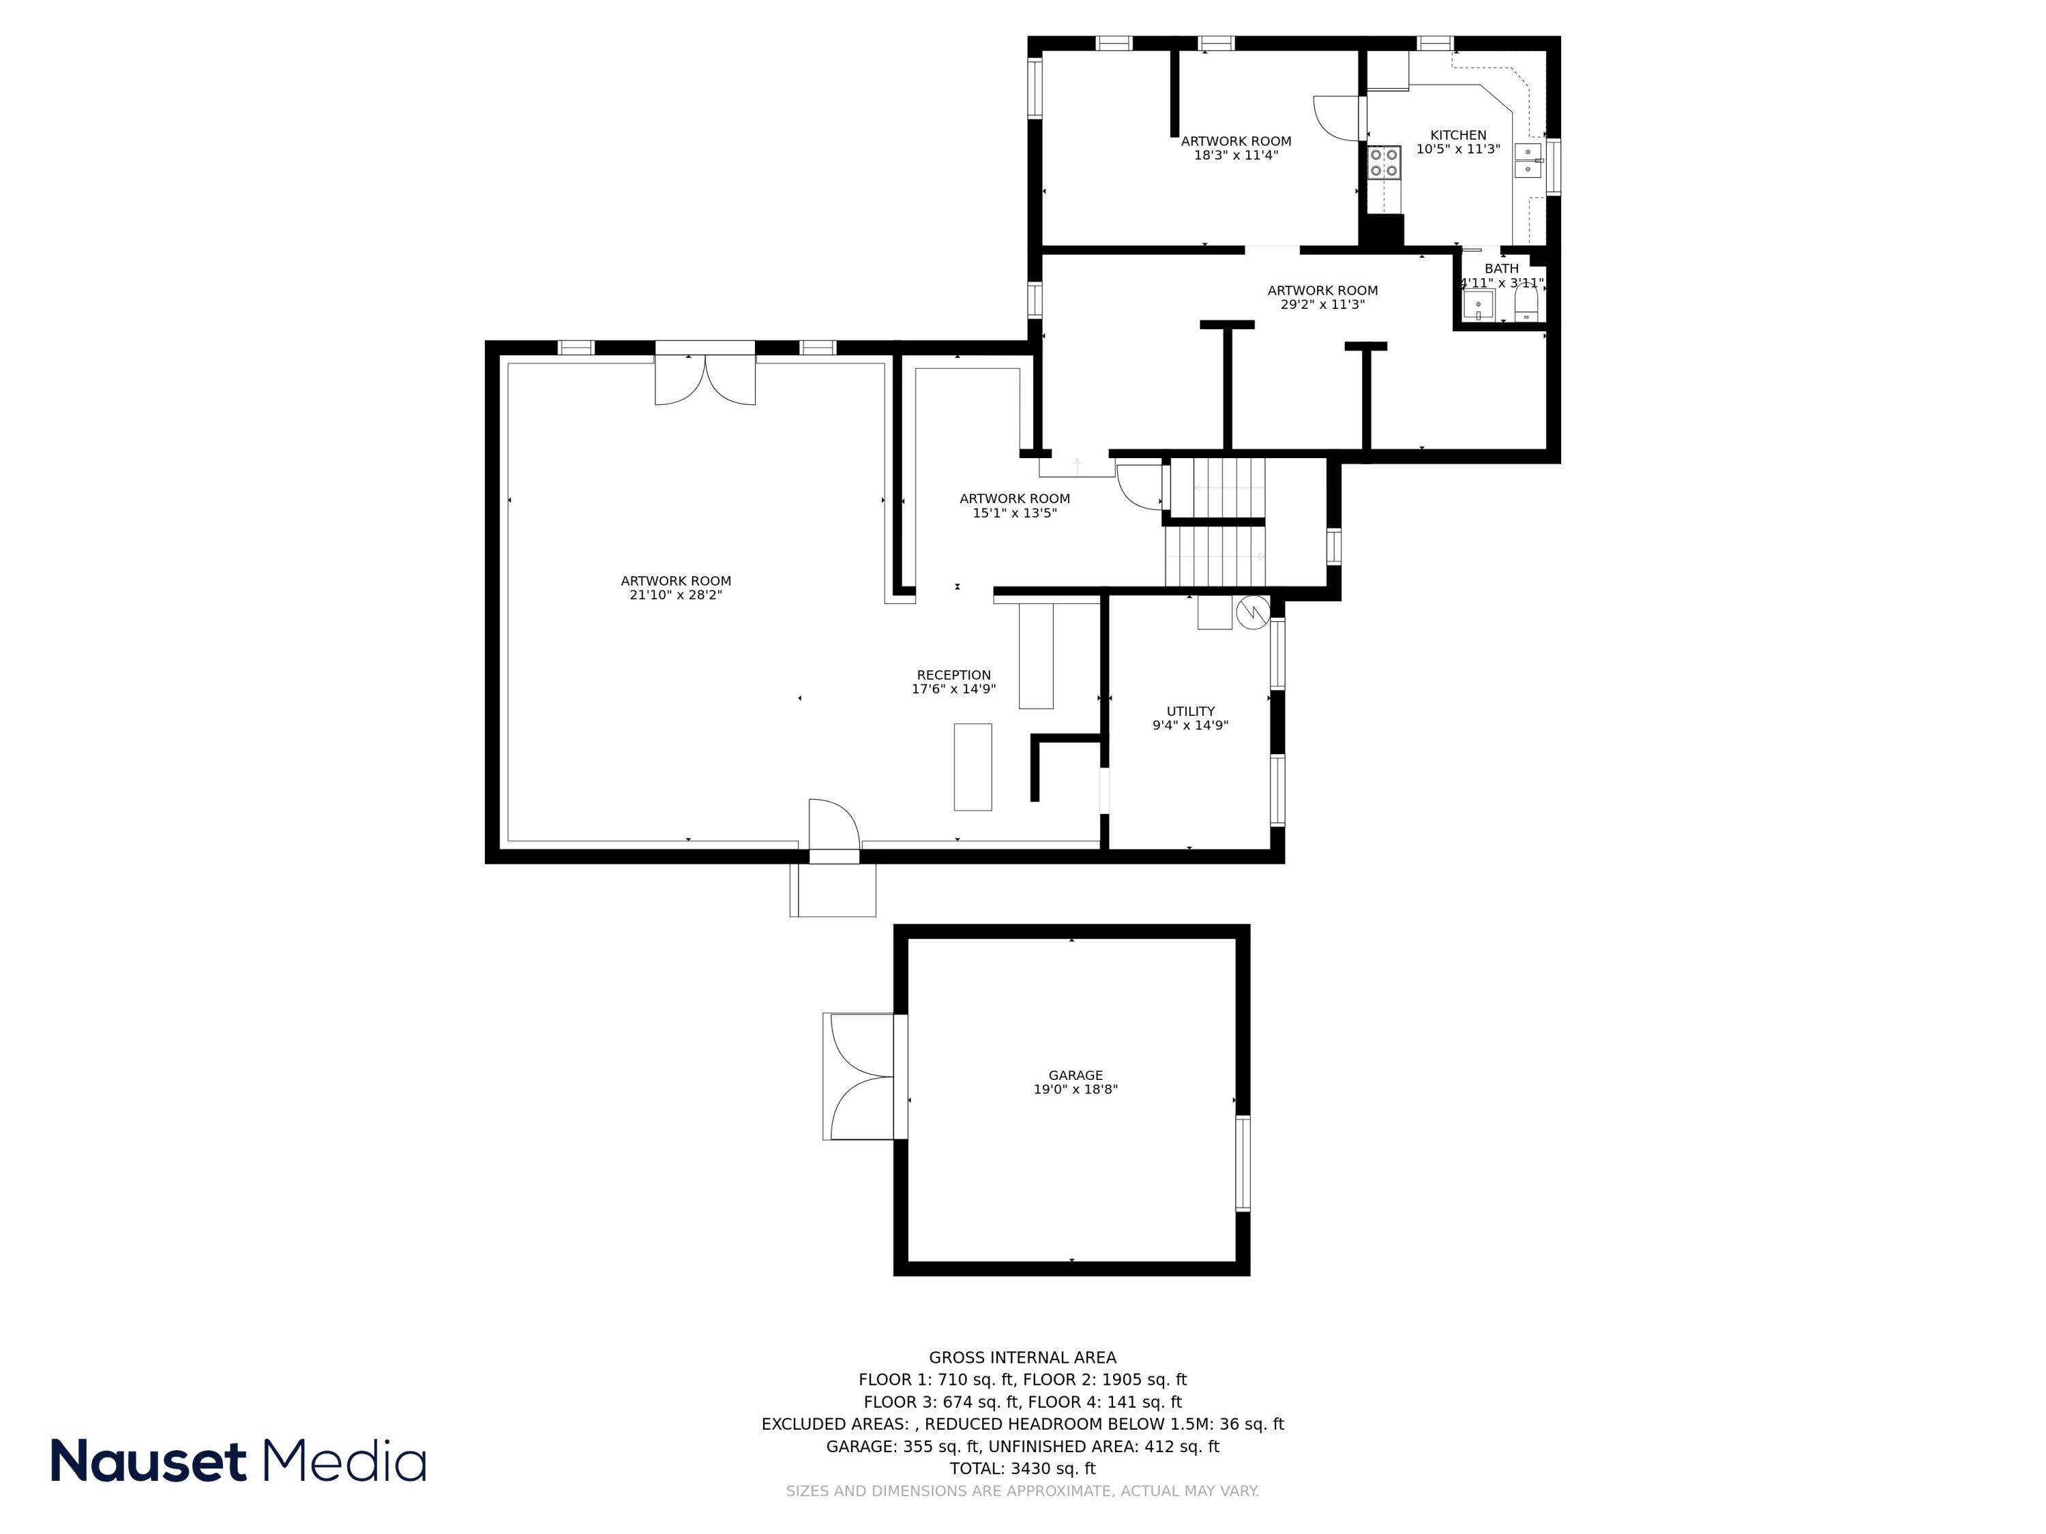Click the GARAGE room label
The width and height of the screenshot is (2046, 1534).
(1075, 1075)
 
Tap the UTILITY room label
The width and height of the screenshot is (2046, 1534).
(1190, 711)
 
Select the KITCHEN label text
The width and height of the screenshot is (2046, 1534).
(1457, 135)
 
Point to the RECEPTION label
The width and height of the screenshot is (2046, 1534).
(953, 675)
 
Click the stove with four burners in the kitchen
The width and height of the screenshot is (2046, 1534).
(1384, 163)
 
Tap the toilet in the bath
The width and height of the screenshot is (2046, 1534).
(1527, 303)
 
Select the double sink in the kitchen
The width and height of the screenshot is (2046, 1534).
(1527, 161)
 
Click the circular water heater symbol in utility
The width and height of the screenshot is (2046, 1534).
(1252, 612)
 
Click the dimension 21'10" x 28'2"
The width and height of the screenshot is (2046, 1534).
(675, 595)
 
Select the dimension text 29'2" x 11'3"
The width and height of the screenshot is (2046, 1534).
(1322, 304)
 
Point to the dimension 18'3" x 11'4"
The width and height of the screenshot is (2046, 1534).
(1236, 155)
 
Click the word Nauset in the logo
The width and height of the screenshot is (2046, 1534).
(148, 1461)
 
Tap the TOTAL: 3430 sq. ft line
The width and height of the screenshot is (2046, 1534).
(1022, 1469)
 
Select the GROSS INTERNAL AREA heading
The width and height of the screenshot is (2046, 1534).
(1022, 1357)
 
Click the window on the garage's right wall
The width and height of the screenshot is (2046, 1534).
(1242, 1163)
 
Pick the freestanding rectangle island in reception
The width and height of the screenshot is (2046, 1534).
(972, 766)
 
